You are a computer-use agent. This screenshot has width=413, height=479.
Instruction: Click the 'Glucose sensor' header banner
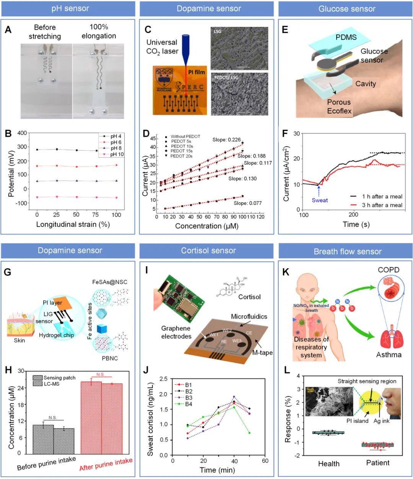pos(347,8)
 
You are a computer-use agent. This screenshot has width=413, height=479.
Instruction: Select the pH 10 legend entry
pos(116,154)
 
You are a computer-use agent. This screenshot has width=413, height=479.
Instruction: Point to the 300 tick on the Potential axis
pos(22,147)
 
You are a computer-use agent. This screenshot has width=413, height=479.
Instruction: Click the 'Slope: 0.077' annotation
pos(247,203)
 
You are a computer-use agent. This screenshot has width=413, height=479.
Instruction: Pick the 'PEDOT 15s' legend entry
pos(181,151)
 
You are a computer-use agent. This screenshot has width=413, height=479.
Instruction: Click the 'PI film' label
pos(196,72)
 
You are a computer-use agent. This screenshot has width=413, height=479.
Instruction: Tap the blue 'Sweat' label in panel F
pos(320,200)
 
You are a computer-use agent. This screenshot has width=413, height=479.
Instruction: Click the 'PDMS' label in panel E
pos(346,37)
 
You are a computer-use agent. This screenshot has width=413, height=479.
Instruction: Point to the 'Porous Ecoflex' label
pos(339,107)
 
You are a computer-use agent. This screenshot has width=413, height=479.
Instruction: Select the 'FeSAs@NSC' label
pos(109,282)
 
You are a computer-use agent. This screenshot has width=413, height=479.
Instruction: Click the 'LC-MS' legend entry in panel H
pos(51,384)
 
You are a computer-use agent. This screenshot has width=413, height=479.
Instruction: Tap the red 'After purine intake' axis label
pos(106,464)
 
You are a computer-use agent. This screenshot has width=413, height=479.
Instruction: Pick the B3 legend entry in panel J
pos(189,398)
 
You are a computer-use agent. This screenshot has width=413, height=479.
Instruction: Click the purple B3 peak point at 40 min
pos(234,397)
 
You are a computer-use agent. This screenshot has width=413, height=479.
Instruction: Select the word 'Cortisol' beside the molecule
pos(249,297)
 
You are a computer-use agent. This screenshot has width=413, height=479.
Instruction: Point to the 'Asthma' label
pos(389,355)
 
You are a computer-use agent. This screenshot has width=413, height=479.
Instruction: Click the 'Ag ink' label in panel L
pos(381,421)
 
